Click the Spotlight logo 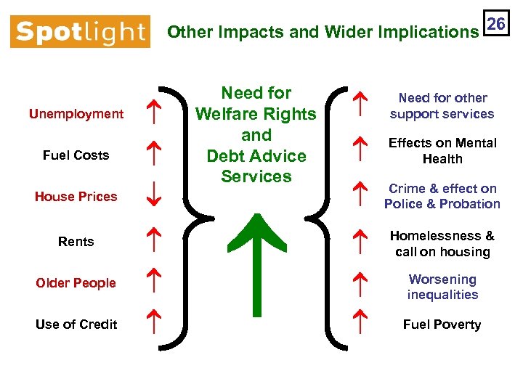(x=80, y=32)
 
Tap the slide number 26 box (x=496, y=24)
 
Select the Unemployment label (x=76, y=114)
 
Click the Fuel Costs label (x=76, y=155)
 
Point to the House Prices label (x=76, y=197)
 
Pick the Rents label (x=76, y=242)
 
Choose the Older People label (x=76, y=283)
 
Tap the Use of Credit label (x=76, y=324)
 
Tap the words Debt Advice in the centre (x=256, y=156)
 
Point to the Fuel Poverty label (x=442, y=324)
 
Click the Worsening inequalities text (x=442, y=287)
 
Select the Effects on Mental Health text (x=442, y=151)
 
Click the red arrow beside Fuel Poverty (x=358, y=319)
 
